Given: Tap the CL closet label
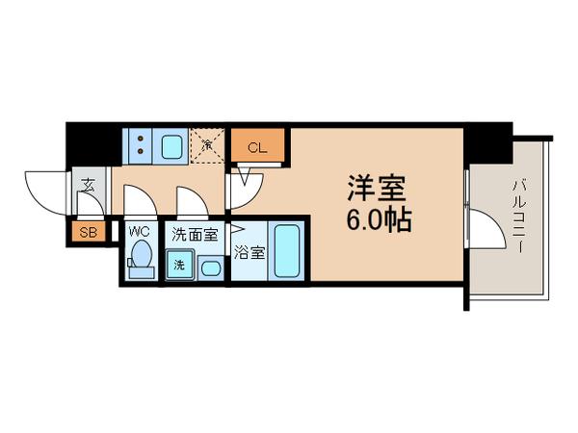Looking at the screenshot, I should click(257, 147).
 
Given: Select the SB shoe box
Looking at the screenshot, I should click(87, 231).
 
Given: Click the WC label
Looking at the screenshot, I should click(140, 231).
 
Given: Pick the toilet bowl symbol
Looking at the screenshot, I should click(141, 258).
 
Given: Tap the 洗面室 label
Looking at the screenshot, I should click(196, 232).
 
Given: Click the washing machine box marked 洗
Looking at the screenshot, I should click(180, 264).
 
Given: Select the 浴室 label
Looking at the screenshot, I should click(249, 254).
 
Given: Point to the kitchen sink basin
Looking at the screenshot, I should click(174, 147).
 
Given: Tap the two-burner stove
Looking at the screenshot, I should click(141, 147).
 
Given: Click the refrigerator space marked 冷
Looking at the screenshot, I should click(206, 146).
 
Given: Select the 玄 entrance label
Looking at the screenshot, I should click(88, 185).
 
